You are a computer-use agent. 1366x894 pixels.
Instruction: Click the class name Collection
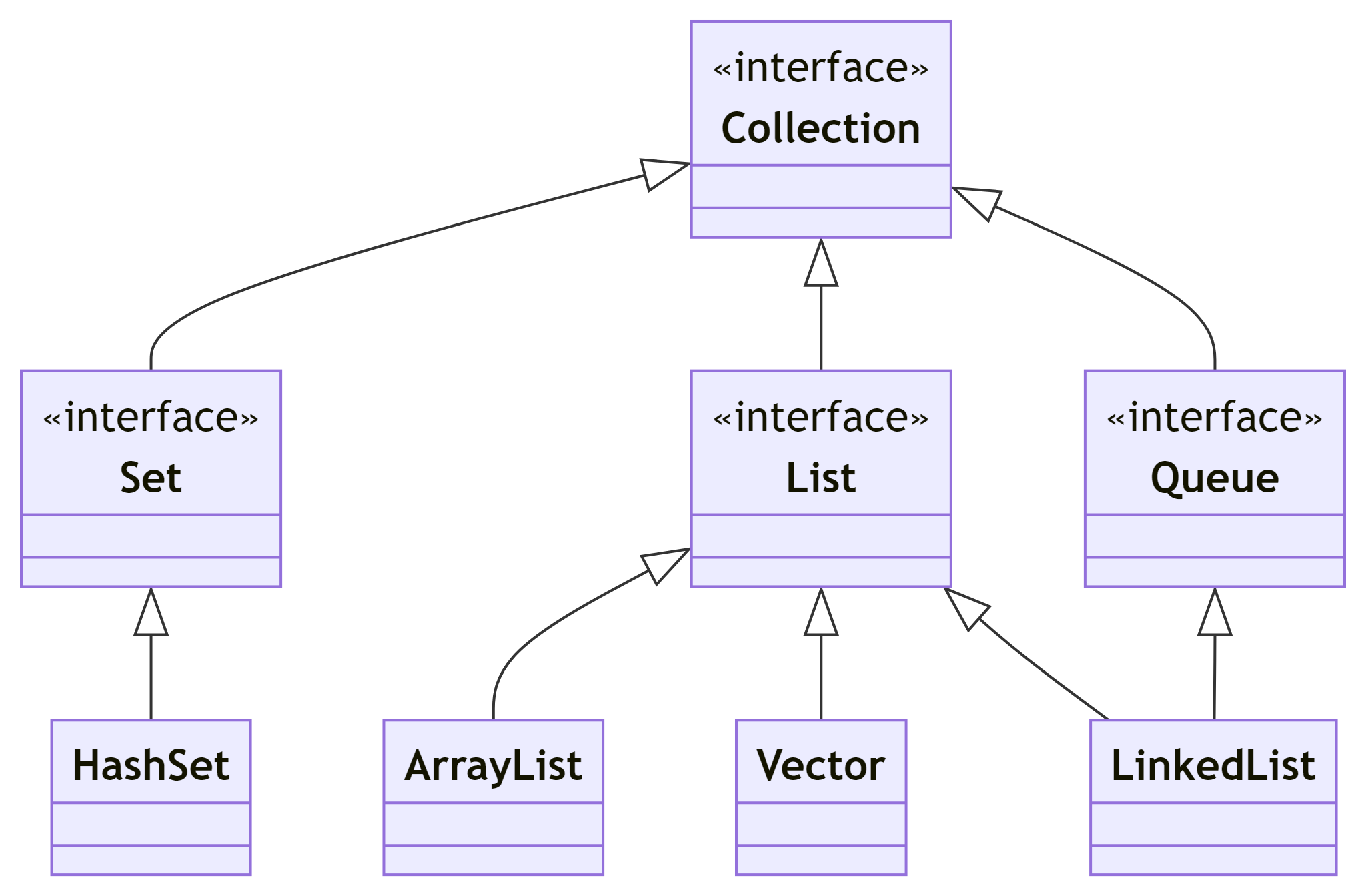(820, 128)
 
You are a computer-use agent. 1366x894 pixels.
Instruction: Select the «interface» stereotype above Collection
(820, 68)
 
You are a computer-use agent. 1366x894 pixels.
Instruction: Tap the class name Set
(151, 478)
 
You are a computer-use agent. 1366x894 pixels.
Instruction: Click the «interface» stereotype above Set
(151, 418)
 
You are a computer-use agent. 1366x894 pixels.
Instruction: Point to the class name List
(820, 478)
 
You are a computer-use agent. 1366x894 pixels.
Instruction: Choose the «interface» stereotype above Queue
(1214, 418)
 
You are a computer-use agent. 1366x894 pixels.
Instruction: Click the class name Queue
(1214, 478)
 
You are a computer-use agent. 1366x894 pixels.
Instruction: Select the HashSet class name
(151, 765)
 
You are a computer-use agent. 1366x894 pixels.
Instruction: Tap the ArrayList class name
(493, 765)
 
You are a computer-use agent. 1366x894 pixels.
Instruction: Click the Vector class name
(820, 765)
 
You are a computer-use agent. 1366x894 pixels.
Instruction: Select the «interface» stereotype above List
(820, 418)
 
